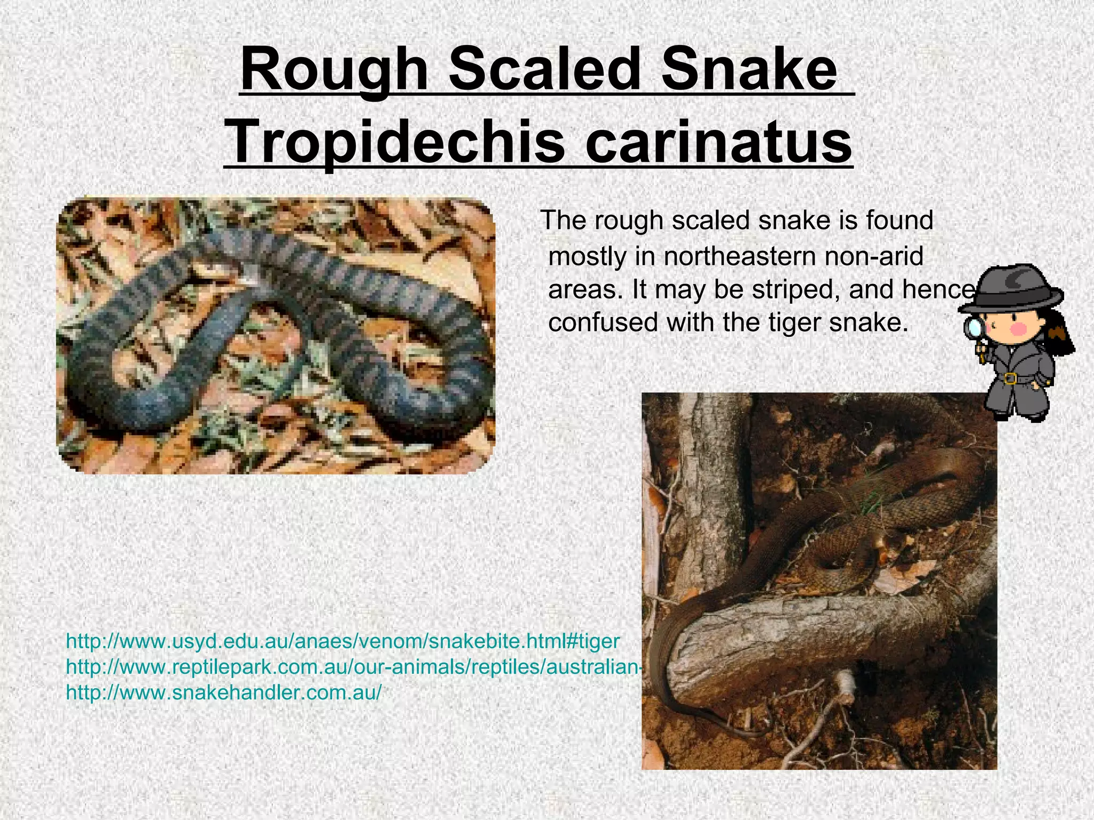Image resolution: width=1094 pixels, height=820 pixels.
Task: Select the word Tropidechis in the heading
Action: pyautogui.click(x=396, y=142)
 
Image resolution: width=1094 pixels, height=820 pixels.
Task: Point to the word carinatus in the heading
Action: pyautogui.click(x=718, y=142)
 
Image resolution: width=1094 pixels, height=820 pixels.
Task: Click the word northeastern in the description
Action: pyautogui.click(x=740, y=256)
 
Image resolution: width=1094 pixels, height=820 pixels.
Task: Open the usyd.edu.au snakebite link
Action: pyautogui.click(x=342, y=641)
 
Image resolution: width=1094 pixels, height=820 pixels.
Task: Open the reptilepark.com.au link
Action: pyautogui.click(x=353, y=667)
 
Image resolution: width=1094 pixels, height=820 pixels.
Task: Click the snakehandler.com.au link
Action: pyautogui.click(x=224, y=692)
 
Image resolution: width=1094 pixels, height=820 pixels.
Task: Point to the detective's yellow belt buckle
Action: pyautogui.click(x=1009, y=378)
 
